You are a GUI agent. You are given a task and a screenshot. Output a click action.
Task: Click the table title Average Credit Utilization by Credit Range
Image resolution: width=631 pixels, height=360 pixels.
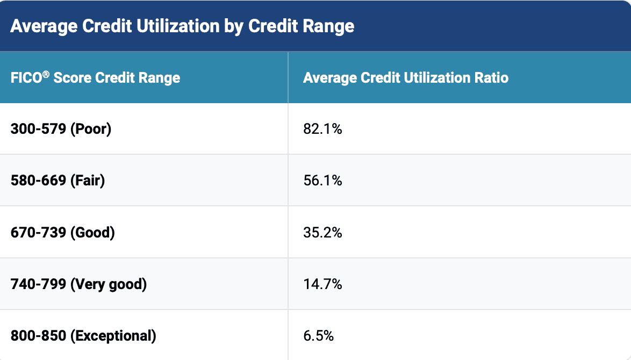(x=182, y=26)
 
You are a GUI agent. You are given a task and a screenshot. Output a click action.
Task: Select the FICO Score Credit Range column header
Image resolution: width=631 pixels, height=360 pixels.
(x=95, y=77)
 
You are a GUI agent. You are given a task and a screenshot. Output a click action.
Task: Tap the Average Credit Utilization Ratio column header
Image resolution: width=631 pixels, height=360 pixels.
(x=405, y=77)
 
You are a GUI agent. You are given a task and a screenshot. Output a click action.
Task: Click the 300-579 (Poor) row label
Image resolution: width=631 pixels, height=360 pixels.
(x=61, y=129)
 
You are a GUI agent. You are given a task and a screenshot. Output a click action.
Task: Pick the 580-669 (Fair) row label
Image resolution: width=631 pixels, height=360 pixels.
(x=58, y=181)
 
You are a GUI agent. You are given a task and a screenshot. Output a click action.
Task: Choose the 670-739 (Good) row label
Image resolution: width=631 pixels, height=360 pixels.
(x=62, y=233)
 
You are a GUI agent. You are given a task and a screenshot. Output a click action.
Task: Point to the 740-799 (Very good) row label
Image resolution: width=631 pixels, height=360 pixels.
(x=78, y=284)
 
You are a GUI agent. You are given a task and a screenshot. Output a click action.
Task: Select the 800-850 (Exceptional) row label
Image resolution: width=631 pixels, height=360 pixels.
(x=83, y=336)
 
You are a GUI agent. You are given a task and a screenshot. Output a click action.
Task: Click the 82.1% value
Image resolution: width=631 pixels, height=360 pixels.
(x=322, y=129)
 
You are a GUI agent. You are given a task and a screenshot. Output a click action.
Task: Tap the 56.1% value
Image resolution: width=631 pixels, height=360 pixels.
(x=322, y=181)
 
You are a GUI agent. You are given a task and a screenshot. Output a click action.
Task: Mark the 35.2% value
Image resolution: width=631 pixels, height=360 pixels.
(x=322, y=233)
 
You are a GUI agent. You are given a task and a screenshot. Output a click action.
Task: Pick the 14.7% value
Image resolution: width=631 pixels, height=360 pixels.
(x=322, y=284)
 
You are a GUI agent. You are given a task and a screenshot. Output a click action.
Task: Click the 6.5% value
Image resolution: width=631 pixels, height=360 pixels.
(x=318, y=336)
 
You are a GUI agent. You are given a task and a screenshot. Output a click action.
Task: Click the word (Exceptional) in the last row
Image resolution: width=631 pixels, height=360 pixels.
(x=113, y=336)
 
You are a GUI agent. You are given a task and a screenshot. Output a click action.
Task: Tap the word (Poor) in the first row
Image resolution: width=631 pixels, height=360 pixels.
(x=91, y=129)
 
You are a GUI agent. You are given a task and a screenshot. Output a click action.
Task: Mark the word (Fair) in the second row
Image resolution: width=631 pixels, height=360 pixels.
(x=88, y=181)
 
